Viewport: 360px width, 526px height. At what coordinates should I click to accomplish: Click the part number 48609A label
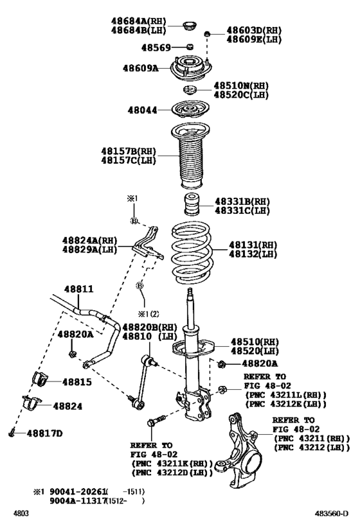[140, 69]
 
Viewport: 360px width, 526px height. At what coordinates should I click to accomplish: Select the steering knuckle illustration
[240, 450]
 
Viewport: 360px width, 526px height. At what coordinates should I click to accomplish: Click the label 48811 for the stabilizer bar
[79, 289]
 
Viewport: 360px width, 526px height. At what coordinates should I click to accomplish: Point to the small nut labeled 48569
[190, 47]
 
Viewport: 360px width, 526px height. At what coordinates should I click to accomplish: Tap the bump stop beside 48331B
[192, 204]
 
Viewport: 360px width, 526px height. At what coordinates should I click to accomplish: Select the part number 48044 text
[142, 110]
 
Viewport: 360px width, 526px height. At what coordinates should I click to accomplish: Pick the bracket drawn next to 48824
[32, 403]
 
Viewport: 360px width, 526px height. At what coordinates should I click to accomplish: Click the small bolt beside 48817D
[12, 433]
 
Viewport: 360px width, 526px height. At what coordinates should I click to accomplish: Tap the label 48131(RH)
[253, 245]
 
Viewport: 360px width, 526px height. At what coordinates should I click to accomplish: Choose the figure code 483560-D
[332, 513]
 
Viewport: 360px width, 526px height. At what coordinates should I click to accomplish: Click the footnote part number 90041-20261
[78, 492]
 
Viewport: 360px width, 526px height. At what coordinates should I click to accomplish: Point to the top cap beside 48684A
[190, 26]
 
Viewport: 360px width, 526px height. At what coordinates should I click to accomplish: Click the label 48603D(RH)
[254, 30]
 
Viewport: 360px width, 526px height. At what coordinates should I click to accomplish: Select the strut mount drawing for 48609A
[191, 68]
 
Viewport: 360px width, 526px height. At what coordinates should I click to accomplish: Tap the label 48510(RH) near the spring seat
[255, 342]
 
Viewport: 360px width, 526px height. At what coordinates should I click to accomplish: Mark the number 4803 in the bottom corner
[21, 513]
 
